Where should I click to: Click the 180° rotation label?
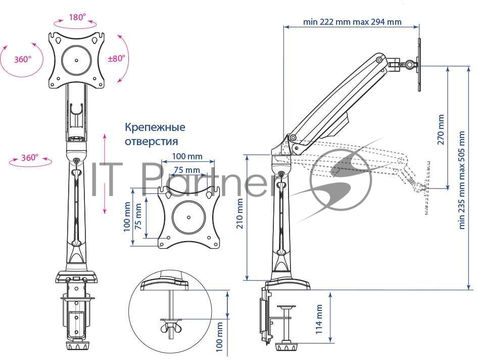pyautogui.click(x=77, y=17)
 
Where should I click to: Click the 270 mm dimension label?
pyautogui.click(x=440, y=129)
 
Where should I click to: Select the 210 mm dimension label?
pyautogui.click(x=240, y=213)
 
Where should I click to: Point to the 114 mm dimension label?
pyautogui.click(x=319, y=319)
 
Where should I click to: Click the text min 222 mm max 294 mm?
pyautogui.click(x=352, y=22)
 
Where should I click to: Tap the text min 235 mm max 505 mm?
pyautogui.click(x=462, y=180)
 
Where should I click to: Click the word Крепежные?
pyautogui.click(x=155, y=127)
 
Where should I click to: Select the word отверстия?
pyautogui.click(x=151, y=141)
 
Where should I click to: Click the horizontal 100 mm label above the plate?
pyautogui.click(x=187, y=156)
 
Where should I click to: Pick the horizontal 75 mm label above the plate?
pyautogui.click(x=187, y=170)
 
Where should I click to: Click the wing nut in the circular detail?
pyautogui.click(x=171, y=328)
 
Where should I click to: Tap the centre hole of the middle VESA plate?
pyautogui.click(x=189, y=217)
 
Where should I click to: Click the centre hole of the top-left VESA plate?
pyautogui.click(x=76, y=60)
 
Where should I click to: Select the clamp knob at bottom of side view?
pyautogui.click(x=285, y=347)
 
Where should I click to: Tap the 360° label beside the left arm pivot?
pyautogui.click(x=30, y=158)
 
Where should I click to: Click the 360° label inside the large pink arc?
pyautogui.click(x=23, y=59)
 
